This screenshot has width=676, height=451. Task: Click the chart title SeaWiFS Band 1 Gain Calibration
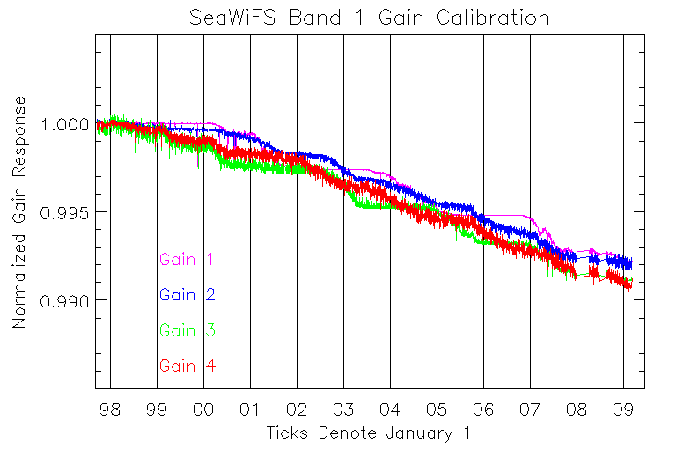click(370, 18)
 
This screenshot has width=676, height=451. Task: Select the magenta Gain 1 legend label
click(187, 260)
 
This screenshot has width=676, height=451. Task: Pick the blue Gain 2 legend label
click(187, 295)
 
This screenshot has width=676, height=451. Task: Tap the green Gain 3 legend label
click(187, 331)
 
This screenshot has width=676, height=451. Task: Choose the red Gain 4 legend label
click(187, 366)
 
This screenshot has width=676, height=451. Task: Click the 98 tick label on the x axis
click(110, 410)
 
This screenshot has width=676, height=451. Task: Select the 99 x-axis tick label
click(157, 410)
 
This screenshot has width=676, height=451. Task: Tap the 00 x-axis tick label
click(203, 410)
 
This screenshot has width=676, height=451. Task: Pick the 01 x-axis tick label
click(250, 410)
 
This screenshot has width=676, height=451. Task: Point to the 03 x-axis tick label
click(343, 410)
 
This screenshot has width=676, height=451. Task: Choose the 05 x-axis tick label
click(437, 410)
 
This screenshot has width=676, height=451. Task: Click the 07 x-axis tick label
click(530, 410)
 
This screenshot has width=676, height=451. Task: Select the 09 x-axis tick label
click(623, 410)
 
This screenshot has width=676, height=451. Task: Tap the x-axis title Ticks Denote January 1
click(369, 433)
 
